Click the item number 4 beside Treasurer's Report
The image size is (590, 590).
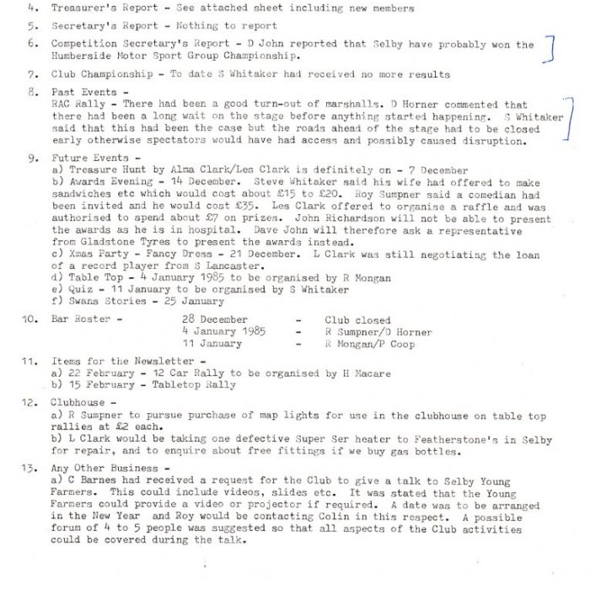point(29,8)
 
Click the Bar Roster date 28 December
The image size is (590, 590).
point(215,320)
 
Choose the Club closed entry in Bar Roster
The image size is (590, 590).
point(357,320)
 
